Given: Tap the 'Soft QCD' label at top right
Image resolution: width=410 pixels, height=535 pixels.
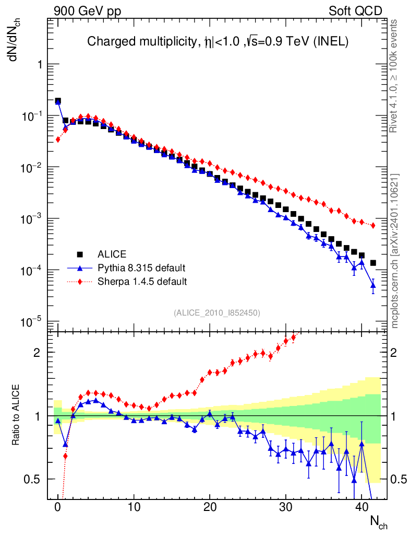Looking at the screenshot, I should tap(355, 10).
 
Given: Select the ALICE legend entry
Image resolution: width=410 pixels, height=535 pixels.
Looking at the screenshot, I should tap(112, 254).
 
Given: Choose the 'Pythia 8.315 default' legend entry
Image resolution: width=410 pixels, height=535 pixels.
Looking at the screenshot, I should tap(141, 268).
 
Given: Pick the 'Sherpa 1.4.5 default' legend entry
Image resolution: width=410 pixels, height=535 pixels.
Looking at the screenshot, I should tap(142, 282).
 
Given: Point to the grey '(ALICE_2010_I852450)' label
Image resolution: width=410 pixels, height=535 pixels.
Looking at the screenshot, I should tap(216, 312).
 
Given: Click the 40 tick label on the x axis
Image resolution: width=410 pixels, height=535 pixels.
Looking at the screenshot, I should tap(361, 507).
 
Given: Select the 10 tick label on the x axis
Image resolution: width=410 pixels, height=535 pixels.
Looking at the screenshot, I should tap(134, 507).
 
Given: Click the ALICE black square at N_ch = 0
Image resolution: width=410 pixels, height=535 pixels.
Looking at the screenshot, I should tap(58, 101).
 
